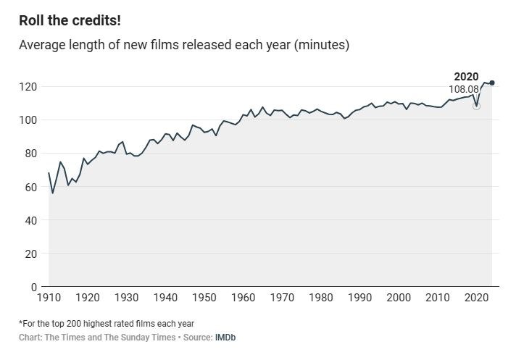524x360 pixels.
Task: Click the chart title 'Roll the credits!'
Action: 70,20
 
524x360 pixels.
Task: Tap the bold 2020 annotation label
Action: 466,77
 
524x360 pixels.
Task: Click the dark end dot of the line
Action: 492,83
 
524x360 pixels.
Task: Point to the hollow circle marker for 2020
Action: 476,106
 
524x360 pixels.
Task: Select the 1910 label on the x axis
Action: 49,298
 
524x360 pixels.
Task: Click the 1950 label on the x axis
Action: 205,298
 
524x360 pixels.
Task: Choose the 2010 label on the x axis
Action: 438,298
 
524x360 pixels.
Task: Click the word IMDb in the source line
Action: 225,338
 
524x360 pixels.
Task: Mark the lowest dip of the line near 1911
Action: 53,193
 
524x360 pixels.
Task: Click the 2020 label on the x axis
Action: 477,298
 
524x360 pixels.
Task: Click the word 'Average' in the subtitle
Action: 42,46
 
